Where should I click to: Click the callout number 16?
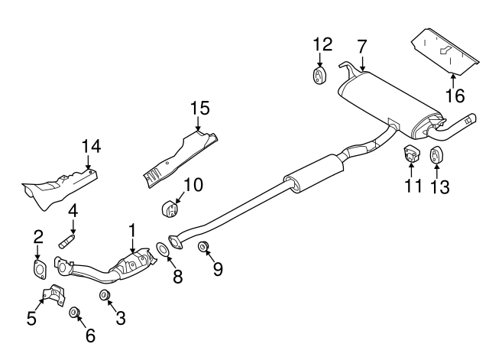(455, 96)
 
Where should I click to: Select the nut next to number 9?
(204, 246)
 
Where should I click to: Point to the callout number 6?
(90, 336)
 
